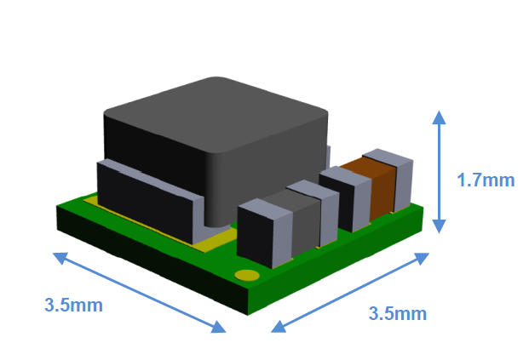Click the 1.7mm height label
pyautogui.click(x=486, y=180)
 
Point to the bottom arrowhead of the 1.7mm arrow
pyautogui.click(x=439, y=227)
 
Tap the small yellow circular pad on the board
pyautogui.click(x=247, y=276)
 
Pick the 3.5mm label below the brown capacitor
pyautogui.click(x=397, y=313)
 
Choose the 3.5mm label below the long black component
pyautogui.click(x=74, y=305)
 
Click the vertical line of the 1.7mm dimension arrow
pyautogui.click(x=439, y=170)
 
